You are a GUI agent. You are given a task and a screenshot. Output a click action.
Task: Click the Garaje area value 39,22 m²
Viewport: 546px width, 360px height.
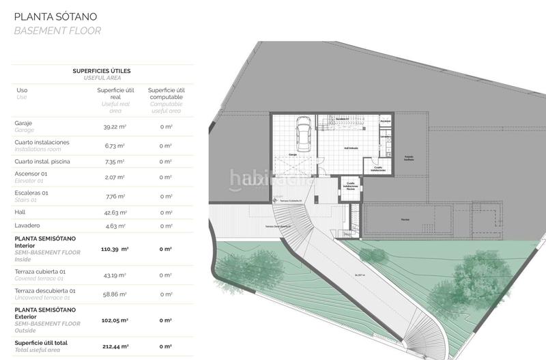click(115, 127)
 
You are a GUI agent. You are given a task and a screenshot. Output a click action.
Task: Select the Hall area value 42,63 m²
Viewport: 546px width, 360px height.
click(115, 212)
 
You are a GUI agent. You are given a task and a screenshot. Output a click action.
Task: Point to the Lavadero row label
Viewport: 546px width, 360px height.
click(27, 225)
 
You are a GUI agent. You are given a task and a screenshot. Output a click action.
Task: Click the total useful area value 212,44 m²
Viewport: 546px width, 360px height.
click(114, 346)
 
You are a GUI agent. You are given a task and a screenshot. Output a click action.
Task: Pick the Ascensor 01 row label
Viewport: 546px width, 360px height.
click(32, 174)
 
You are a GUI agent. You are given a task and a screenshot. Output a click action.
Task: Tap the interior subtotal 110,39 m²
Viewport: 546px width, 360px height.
click(115, 249)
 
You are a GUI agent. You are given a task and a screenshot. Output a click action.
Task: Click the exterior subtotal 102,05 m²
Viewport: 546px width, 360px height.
click(115, 320)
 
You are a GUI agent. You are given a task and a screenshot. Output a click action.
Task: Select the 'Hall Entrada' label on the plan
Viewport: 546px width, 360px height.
click(351, 148)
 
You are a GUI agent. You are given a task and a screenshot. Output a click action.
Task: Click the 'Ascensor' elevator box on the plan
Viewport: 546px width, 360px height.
click(385, 123)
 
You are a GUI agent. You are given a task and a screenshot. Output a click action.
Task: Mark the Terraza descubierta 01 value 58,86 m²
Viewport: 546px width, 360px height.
click(115, 294)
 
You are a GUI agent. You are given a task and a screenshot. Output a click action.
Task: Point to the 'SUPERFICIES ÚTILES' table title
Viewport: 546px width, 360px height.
click(102, 70)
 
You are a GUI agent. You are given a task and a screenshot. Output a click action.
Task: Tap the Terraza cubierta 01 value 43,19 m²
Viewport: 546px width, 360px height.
click(115, 275)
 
